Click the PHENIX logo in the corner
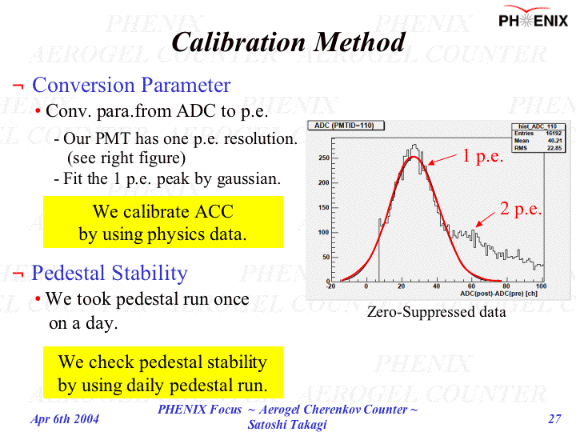click(x=534, y=19)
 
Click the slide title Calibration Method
click(x=288, y=42)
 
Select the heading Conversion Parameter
click(x=131, y=85)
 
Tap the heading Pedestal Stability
click(x=109, y=273)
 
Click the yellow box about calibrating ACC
click(x=163, y=222)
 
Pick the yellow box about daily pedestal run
click(x=163, y=373)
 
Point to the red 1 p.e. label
click(x=482, y=157)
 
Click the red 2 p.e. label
click(x=521, y=210)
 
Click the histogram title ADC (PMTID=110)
click(x=349, y=126)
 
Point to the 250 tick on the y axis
click(x=324, y=158)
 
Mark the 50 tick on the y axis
click(x=326, y=257)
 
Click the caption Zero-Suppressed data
click(x=436, y=312)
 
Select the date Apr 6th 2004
click(x=65, y=418)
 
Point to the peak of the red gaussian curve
click(x=413, y=157)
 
